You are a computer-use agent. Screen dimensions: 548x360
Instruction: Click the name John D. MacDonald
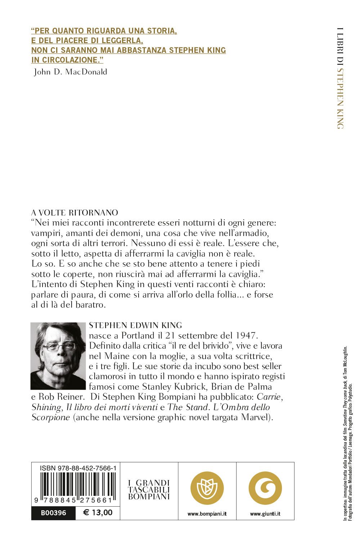click(71, 72)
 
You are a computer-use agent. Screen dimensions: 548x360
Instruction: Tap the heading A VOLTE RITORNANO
click(75, 213)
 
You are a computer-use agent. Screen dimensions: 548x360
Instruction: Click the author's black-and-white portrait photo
click(58, 356)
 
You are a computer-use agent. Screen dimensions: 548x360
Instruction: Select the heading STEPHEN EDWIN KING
click(135, 325)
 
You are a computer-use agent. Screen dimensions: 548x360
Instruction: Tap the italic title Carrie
click(270, 397)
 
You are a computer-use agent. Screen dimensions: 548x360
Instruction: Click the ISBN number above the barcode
click(78, 468)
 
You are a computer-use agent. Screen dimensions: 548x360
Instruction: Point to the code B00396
click(54, 513)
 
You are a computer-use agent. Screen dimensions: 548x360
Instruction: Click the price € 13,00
click(98, 513)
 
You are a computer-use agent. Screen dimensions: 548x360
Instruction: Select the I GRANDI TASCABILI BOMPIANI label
click(149, 490)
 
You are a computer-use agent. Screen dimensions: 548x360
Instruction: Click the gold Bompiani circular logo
click(207, 488)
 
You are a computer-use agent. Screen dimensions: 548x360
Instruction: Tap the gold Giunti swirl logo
click(265, 488)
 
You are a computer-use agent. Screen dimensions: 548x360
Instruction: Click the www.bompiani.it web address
click(207, 514)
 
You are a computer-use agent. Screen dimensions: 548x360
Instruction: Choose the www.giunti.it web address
click(265, 514)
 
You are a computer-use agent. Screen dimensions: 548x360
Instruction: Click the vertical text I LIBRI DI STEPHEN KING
click(340, 78)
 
